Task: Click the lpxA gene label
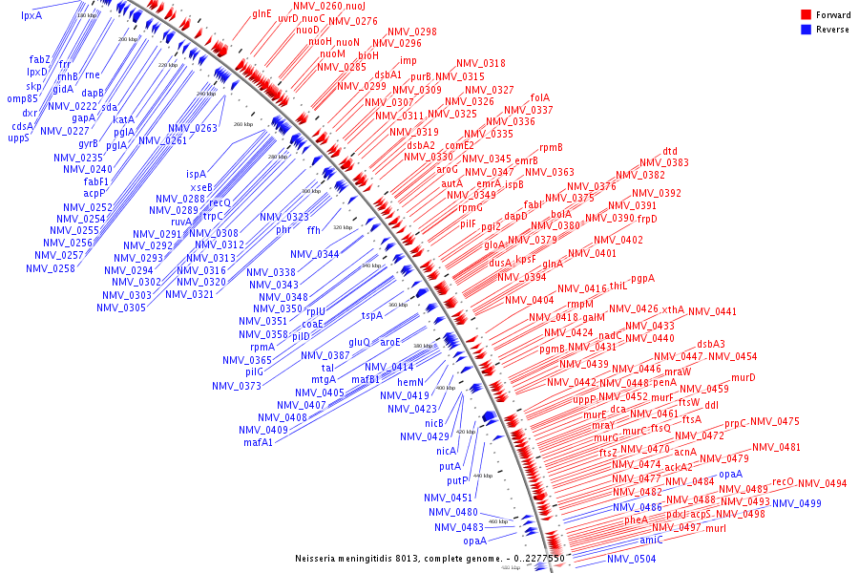pyautogui.click(x=31, y=15)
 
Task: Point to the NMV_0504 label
pyautogui.click(x=632, y=559)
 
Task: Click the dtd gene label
pyautogui.click(x=670, y=151)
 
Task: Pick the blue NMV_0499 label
pyautogui.click(x=796, y=503)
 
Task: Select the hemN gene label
pyautogui.click(x=410, y=382)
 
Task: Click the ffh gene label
pyautogui.click(x=314, y=230)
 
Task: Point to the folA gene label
pyautogui.click(x=540, y=97)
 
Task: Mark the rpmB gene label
pyautogui.click(x=551, y=147)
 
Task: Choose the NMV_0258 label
pyautogui.click(x=51, y=268)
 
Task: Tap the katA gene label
pyautogui.click(x=124, y=119)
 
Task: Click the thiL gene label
pyautogui.click(x=618, y=286)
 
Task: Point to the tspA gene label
pyautogui.click(x=371, y=315)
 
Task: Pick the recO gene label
pyautogui.click(x=783, y=482)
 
